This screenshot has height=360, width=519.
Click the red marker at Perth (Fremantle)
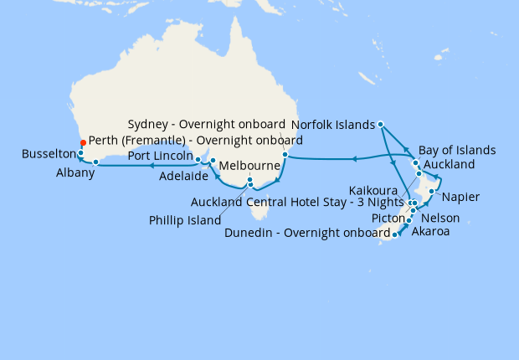click(82, 143)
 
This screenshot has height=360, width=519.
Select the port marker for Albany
click(96, 162)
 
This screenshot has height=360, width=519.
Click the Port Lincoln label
click(160, 157)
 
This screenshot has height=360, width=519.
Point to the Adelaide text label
click(184, 175)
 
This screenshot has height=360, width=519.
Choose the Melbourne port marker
click(249, 179)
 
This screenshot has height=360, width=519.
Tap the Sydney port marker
click(285, 154)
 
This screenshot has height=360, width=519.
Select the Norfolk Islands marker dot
click(381, 125)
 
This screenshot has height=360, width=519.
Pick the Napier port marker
click(431, 192)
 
